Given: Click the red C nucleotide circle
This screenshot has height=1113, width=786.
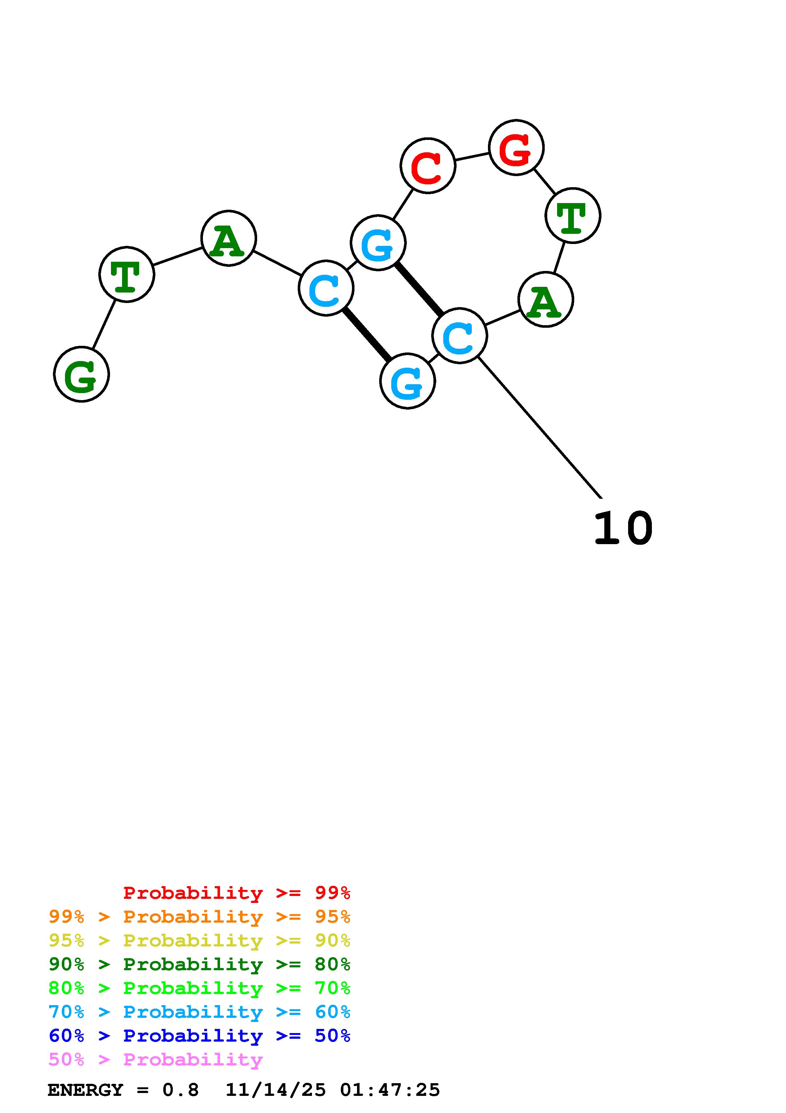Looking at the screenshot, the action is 428,166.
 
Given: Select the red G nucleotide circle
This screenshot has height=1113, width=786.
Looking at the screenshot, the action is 516,147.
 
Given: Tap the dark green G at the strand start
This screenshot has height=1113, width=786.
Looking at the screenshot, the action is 81,374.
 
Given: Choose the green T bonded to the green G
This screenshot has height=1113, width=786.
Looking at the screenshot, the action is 127,274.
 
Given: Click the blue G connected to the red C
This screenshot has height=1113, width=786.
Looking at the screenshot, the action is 378,243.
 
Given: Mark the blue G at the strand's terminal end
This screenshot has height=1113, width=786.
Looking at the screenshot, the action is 407,381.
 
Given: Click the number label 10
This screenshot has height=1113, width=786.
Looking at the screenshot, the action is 623,528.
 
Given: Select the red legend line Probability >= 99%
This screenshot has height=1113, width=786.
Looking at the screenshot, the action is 236,893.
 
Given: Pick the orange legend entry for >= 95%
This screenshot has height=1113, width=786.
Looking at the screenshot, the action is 199,917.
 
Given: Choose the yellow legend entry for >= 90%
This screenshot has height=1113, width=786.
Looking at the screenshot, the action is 199,940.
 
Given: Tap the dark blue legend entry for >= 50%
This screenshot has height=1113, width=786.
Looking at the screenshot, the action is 199,1036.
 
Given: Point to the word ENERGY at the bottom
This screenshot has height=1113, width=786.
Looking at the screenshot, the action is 85,1090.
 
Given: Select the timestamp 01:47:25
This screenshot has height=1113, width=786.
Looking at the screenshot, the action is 390,1090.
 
